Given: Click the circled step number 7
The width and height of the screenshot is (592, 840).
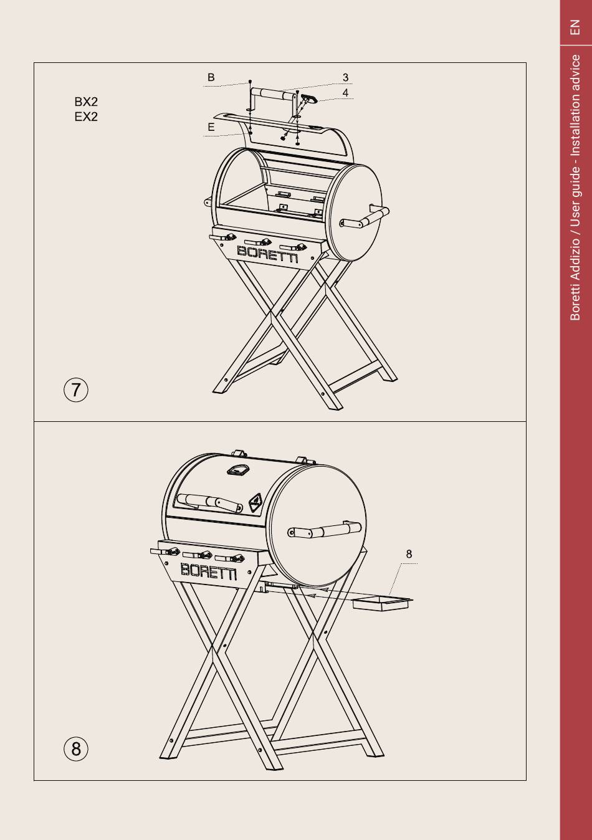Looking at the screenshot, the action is click(76, 390).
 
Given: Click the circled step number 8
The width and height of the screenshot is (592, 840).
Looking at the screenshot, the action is click(76, 749).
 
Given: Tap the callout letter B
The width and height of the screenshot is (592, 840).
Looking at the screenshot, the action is click(211, 77).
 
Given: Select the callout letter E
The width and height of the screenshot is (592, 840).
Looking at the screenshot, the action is click(211, 127).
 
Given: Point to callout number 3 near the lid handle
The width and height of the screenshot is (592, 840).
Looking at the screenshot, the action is click(345, 78).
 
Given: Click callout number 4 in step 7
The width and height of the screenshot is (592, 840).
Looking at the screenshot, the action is click(345, 93).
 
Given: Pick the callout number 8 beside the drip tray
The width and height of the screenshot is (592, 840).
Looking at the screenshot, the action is click(409, 554).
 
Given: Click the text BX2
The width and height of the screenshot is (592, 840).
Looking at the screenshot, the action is click(86, 102).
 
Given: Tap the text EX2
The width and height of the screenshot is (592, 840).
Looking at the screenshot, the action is click(86, 117).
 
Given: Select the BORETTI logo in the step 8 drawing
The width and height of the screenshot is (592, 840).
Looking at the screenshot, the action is click(209, 571).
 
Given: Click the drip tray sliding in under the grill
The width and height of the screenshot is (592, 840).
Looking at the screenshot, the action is click(383, 604).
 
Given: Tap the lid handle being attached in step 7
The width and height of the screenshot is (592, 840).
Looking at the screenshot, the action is click(274, 94).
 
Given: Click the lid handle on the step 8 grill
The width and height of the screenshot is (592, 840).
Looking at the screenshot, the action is click(209, 502).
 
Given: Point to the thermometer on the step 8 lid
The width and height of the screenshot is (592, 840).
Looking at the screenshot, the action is click(237, 470).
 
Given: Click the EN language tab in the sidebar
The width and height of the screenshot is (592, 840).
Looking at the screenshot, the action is click(575, 27).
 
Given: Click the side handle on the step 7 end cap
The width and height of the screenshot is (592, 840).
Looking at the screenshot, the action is click(364, 217).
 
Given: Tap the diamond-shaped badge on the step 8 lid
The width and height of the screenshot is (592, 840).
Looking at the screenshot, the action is click(255, 503).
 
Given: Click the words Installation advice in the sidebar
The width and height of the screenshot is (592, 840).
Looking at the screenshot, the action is click(575, 105).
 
